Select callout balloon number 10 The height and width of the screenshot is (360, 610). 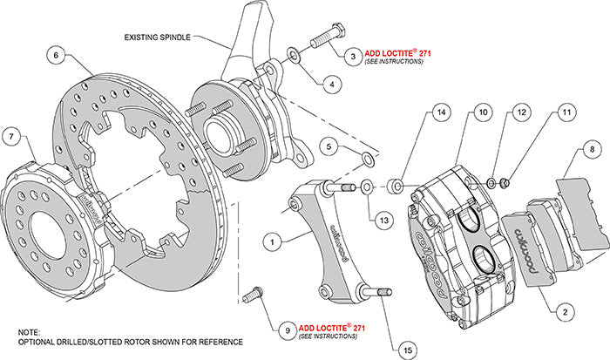pos(482,113)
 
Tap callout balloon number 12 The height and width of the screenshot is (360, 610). pos(520,113)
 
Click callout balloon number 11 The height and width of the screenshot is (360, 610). pos(566,112)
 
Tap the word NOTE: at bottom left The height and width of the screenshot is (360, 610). pos(30,333)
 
